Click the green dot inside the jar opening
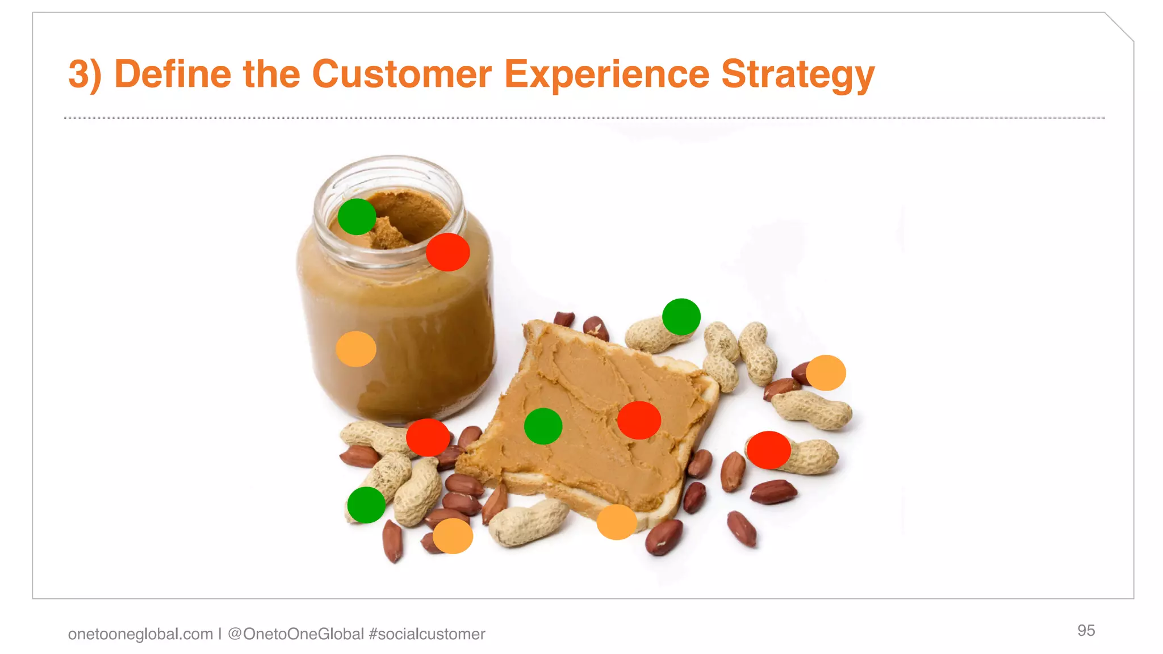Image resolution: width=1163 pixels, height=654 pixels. [x=357, y=216]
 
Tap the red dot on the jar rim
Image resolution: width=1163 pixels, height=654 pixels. [x=447, y=251]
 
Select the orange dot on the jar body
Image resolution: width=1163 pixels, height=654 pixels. [x=356, y=349]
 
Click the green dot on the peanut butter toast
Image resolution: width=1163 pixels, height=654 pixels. [x=543, y=426]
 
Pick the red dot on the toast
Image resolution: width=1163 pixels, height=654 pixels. [x=639, y=420]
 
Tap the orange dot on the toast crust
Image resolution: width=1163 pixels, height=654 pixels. [x=617, y=522]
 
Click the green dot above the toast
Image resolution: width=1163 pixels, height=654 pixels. [x=681, y=316]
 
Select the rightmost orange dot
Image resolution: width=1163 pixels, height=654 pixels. [x=826, y=372]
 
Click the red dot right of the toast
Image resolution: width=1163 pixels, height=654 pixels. [x=768, y=450]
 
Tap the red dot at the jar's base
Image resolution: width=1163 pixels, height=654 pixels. [x=428, y=437]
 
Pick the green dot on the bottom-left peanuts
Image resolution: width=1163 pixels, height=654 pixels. [x=366, y=505]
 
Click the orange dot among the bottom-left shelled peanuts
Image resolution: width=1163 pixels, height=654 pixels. [x=453, y=535]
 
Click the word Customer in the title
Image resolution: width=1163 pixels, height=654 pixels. [x=401, y=74]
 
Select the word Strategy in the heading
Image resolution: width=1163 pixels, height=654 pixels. [x=797, y=74]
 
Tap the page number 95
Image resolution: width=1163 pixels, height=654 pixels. [x=1086, y=630]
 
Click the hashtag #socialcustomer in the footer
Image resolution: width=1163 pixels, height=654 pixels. [x=426, y=634]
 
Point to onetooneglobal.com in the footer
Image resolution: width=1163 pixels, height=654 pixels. [x=140, y=634]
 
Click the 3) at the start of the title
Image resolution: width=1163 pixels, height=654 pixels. [x=85, y=74]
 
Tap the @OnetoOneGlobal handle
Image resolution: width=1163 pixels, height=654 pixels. [x=295, y=634]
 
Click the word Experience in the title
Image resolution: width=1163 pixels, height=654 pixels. [x=606, y=74]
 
